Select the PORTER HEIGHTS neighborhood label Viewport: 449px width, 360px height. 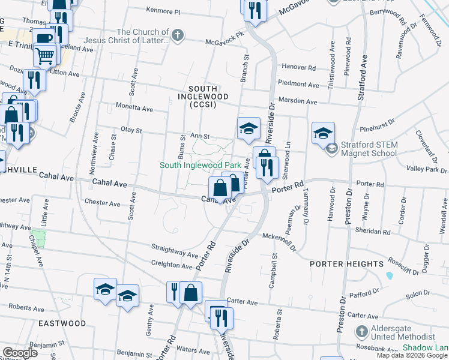pos(346,264)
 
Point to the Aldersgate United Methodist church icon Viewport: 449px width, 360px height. pos(361,331)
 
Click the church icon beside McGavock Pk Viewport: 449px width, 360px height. pos(177,35)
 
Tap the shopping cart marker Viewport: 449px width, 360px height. pos(45,56)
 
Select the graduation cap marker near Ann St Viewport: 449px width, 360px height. pos(248,128)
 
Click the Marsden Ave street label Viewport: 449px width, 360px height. pos(297,102)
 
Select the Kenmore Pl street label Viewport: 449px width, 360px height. pos(163,11)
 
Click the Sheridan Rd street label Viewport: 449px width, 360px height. pos(373,231)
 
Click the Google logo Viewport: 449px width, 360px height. pos(20,353)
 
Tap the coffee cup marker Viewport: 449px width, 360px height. pos(43,37)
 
